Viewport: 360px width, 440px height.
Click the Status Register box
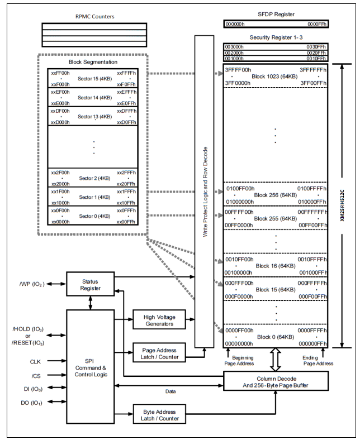click(x=90, y=284)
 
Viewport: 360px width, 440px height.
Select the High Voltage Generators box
click(x=159, y=319)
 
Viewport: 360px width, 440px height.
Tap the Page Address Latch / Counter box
click(x=159, y=352)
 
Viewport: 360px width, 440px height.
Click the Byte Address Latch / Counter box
click(x=159, y=414)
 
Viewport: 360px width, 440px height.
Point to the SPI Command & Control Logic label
click(x=91, y=367)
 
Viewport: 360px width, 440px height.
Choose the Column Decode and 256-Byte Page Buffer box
click(x=276, y=381)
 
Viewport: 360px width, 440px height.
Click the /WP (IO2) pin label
click(x=32, y=284)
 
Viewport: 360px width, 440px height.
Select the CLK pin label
click(x=35, y=362)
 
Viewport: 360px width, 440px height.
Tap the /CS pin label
click(x=36, y=376)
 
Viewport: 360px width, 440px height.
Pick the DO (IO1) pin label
click(x=31, y=403)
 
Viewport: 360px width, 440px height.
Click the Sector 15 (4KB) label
click(x=94, y=79)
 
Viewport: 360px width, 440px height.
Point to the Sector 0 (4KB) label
click(x=94, y=216)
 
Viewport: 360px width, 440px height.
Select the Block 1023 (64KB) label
click(x=274, y=76)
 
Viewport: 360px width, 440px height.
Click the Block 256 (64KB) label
click(x=276, y=195)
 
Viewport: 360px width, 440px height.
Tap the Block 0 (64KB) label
click(x=276, y=337)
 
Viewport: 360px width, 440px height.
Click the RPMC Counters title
click(x=94, y=17)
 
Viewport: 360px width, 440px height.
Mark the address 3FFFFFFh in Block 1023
click(x=313, y=70)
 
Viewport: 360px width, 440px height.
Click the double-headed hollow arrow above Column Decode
click(x=276, y=360)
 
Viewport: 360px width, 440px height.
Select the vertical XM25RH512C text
click(x=342, y=205)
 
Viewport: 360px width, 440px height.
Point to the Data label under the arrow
click(x=170, y=391)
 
